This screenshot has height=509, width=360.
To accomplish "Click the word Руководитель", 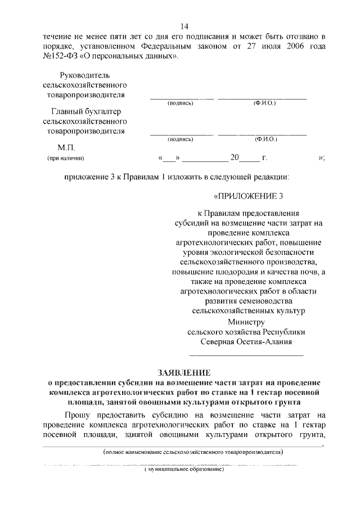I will [x=84, y=75].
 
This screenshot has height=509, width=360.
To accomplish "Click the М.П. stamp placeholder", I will [x=58, y=148].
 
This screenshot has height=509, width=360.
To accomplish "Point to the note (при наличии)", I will [x=65, y=159].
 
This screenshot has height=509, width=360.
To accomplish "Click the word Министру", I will [x=245, y=322].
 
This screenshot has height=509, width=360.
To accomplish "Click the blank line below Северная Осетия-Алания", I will [x=246, y=355].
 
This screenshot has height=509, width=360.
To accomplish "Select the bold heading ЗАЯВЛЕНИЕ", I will [x=184, y=372].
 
